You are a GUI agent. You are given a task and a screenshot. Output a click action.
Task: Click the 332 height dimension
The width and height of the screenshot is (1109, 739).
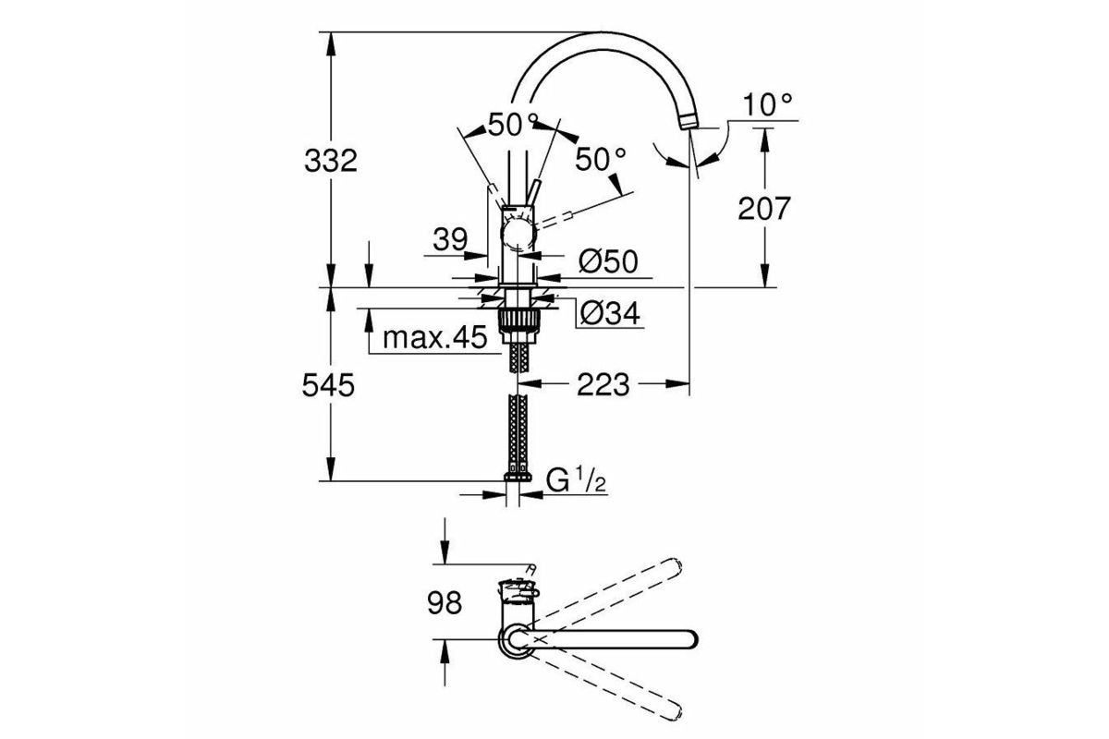(331, 161)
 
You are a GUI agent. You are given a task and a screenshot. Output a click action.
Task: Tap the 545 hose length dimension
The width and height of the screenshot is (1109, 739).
(328, 385)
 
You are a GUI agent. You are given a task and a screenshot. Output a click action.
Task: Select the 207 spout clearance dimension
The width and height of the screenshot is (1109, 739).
(764, 209)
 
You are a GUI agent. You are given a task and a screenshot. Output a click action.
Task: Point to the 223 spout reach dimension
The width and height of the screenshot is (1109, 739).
(603, 384)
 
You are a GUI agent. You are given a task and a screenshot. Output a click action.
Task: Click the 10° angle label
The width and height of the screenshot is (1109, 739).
(768, 105)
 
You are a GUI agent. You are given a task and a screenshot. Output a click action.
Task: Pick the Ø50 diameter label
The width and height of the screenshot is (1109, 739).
(608, 260)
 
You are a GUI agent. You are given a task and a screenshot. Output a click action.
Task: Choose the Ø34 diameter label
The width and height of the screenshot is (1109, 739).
(610, 313)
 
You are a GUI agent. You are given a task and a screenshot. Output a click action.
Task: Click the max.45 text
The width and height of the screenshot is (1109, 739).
(435, 338)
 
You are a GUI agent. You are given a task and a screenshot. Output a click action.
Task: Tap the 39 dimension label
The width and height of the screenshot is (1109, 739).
(450, 239)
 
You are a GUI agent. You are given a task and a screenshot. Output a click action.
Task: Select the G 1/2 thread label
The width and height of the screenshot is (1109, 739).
(577, 480)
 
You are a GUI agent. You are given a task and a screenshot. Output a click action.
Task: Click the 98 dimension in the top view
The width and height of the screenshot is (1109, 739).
(445, 603)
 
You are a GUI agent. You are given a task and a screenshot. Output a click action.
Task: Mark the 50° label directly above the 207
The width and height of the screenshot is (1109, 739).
(601, 160)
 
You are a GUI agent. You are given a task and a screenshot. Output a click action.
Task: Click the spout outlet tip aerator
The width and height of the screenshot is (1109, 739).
(689, 121)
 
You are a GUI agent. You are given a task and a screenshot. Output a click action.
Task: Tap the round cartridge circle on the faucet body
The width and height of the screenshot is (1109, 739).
(518, 236)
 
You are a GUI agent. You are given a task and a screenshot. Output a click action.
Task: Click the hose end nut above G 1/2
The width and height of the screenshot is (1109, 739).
(518, 477)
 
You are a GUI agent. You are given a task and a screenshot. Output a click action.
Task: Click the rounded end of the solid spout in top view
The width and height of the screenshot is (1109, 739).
(690, 638)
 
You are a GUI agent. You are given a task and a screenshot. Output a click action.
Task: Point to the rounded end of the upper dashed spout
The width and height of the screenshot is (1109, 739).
(675, 566)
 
